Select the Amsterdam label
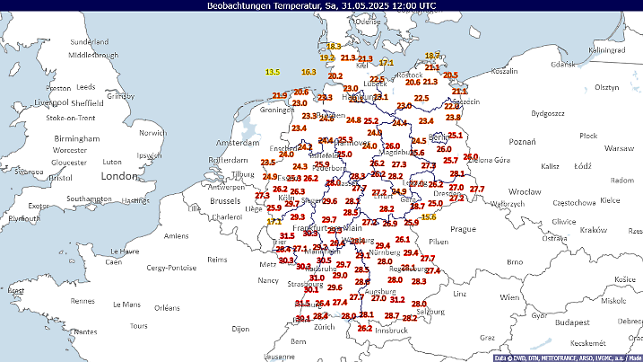point(237,143)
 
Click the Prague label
point(463,229)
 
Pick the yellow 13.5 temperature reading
point(273,72)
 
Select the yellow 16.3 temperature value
point(308,72)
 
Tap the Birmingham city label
point(76,139)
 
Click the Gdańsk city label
point(561,65)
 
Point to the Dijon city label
point(240,329)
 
